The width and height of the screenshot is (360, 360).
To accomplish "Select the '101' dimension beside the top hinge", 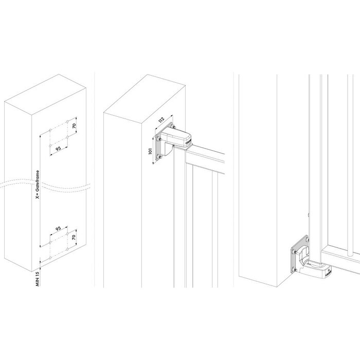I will [x=149, y=152].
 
